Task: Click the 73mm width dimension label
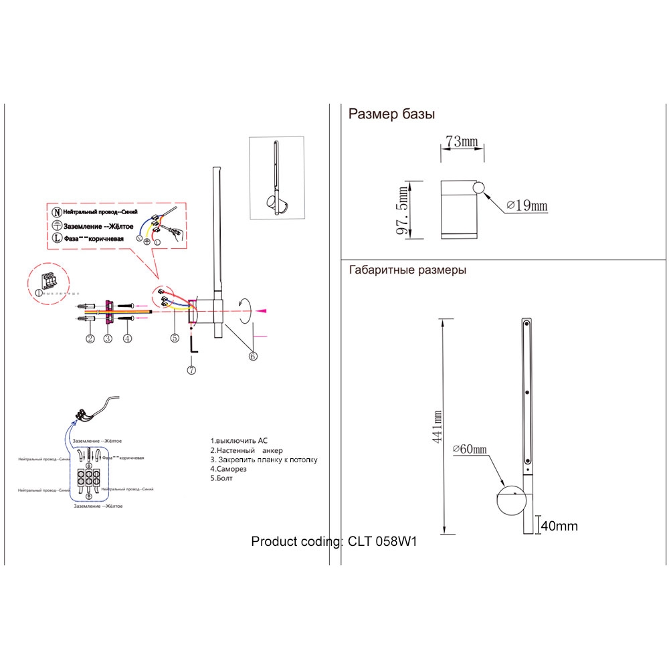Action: (462, 141)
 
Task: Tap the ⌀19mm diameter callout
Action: (527, 206)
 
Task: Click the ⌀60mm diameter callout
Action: (470, 450)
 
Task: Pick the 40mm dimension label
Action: (559, 526)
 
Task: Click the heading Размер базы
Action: (391, 114)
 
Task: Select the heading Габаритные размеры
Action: (407, 271)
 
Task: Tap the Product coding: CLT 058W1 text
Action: (334, 541)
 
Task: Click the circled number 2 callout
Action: (90, 338)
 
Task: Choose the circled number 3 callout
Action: (108, 338)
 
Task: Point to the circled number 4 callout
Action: (127, 338)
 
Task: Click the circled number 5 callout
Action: (175, 338)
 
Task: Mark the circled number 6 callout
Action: (253, 356)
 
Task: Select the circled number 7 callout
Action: (191, 369)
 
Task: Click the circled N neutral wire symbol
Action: (57, 211)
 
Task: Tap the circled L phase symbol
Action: (57, 237)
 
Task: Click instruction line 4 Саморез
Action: (228, 470)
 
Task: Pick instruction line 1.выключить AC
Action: (239, 441)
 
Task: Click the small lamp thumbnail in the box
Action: (276, 178)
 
